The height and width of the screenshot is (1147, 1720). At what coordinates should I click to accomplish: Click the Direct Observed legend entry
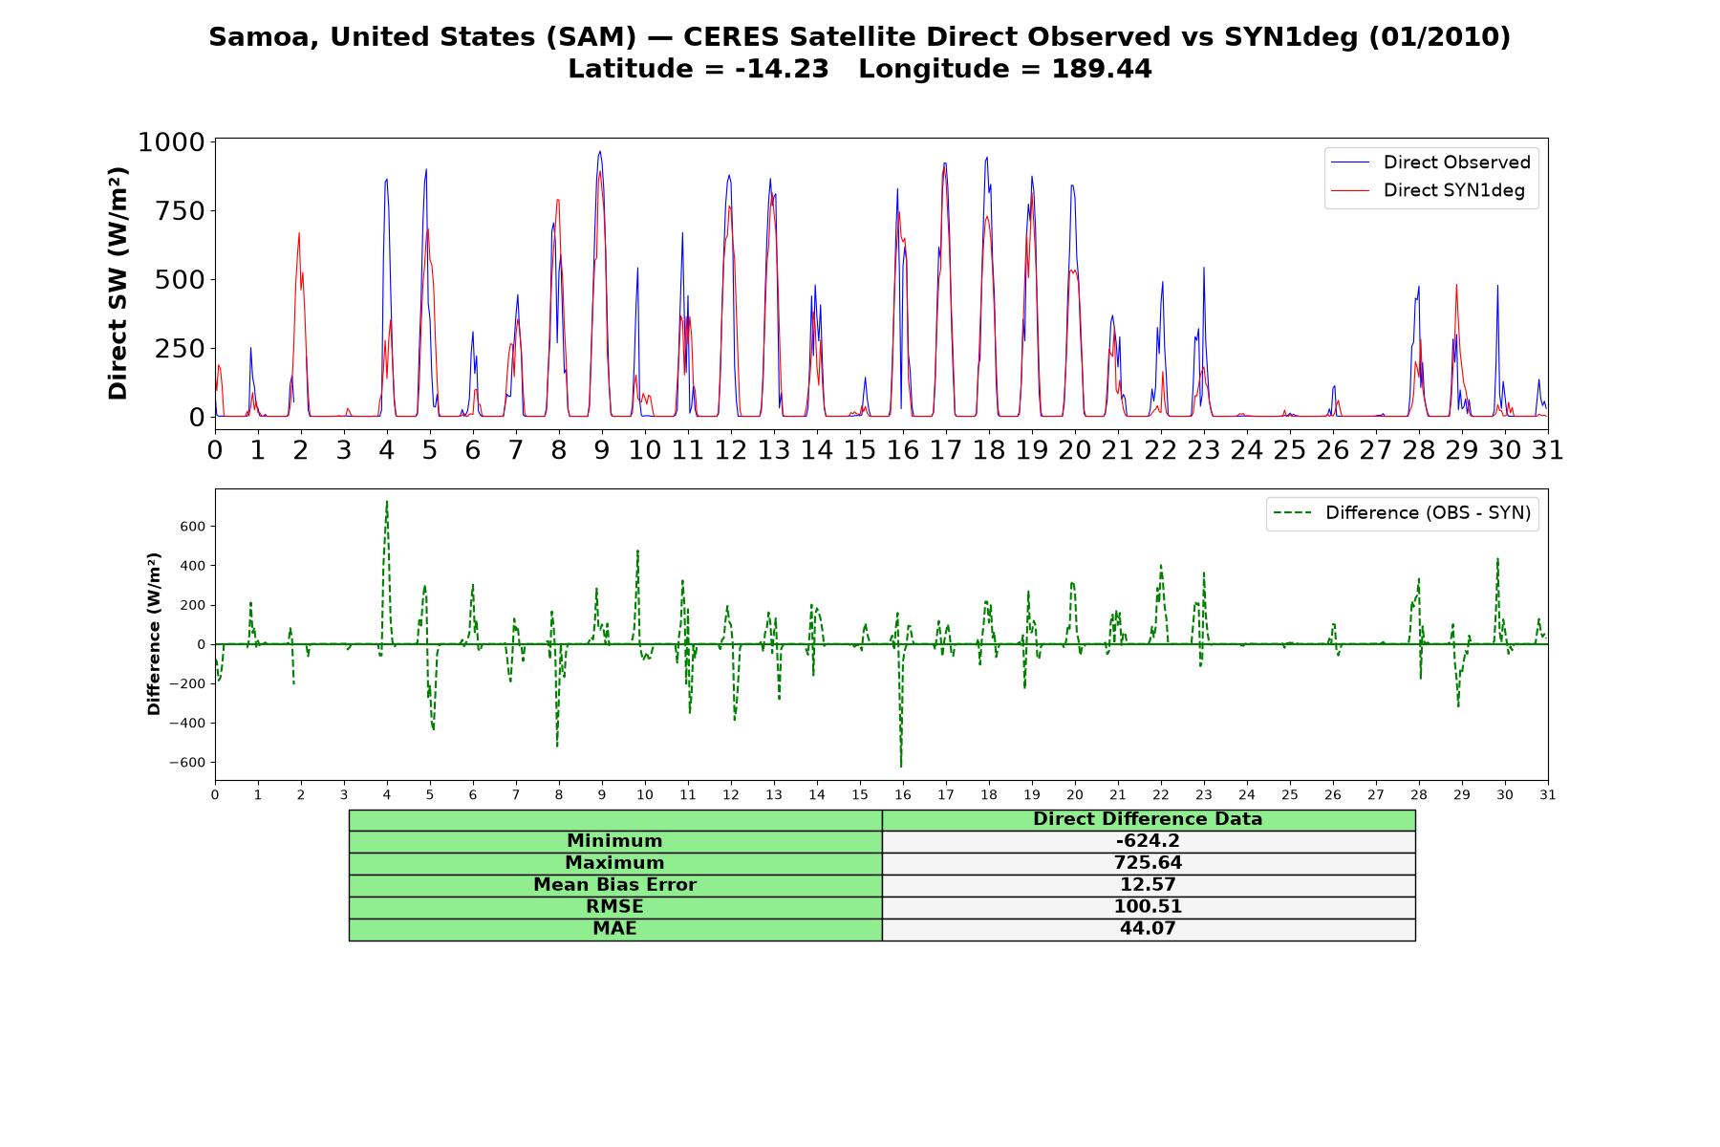point(1430,162)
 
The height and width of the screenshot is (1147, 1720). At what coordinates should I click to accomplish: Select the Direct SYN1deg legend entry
point(1428,190)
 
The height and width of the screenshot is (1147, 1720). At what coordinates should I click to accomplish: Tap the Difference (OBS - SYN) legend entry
point(1402,513)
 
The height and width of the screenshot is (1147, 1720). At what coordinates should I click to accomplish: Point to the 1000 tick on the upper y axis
point(172,142)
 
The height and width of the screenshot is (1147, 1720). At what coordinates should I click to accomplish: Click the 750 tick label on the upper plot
point(181,211)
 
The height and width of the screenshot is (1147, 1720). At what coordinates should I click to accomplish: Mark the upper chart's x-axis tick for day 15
point(860,449)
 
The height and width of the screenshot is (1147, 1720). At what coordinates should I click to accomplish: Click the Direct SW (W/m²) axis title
point(118,284)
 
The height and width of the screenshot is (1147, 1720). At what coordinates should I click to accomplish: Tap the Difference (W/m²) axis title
point(154,634)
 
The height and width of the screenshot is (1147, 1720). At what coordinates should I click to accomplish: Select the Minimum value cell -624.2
point(1148,841)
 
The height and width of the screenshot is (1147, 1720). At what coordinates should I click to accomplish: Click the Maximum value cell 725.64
point(1148,863)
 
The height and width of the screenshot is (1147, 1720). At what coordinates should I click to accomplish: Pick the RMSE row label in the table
point(614,907)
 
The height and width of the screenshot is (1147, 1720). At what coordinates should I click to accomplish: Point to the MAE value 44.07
point(1148,929)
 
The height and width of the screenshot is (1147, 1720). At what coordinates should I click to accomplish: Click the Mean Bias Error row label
point(614,885)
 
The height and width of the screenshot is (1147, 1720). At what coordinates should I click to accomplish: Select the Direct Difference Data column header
point(1148,819)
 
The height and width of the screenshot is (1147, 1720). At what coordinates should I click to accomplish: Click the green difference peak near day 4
point(387,501)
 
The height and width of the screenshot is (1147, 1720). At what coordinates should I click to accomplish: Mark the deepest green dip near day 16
point(900,766)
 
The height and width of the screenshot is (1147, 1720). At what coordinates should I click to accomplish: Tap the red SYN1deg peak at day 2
point(299,232)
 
